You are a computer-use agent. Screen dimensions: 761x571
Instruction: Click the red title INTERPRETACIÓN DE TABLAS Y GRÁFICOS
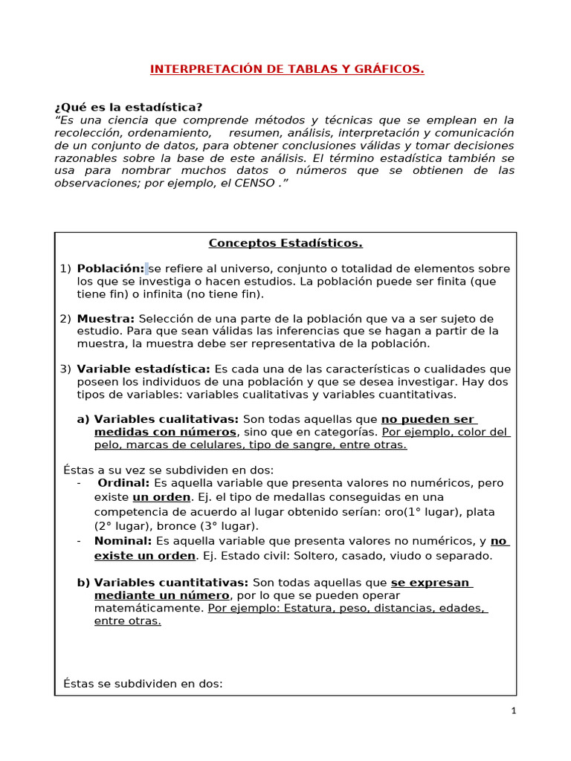coord(287,69)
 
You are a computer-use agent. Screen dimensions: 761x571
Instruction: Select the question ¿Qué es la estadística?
coord(129,108)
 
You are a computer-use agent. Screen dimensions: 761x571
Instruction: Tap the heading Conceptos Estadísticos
coord(285,243)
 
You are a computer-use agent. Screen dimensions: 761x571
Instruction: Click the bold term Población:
coord(110,269)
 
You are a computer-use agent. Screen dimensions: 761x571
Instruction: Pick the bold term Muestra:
coord(106,319)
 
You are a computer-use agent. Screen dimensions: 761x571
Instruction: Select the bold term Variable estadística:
coord(143,369)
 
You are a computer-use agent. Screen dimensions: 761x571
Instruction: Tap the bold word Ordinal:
coord(124,482)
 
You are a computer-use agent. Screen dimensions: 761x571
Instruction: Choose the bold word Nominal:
coord(123,541)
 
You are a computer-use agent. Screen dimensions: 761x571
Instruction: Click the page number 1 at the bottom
coord(513,711)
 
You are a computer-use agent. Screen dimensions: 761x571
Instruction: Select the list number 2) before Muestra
coord(65,319)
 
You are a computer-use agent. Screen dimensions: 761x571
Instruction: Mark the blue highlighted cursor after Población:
coord(147,269)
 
